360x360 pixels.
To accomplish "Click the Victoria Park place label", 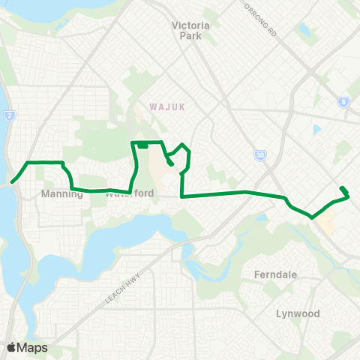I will pos(190,30).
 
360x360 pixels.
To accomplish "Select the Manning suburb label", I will pos(60,193).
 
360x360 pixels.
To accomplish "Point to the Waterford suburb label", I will pos(129,193).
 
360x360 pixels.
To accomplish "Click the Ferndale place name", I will pos(276,274).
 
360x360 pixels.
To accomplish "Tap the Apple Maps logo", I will pos(27,347).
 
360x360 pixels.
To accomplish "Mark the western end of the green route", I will pos(13,181).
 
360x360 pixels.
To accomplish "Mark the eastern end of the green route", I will pos(341,187).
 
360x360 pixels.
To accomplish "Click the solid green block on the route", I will pos(142,145).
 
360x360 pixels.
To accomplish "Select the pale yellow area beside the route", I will pos(327,222).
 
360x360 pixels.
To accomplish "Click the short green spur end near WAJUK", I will pos(172,163).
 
